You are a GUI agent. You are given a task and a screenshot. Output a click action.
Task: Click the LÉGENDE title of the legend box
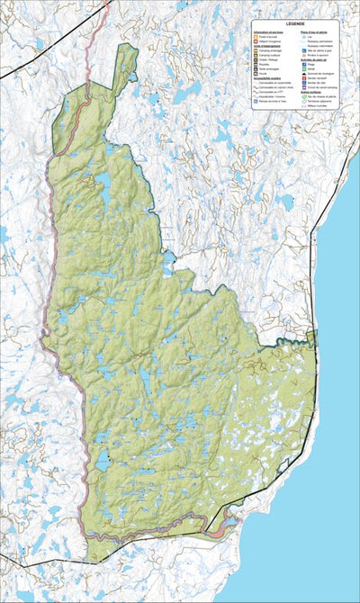(295, 23)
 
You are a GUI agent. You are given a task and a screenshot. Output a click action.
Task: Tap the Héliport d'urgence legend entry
(264, 41)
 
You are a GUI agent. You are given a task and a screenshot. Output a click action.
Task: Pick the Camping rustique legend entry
(265, 55)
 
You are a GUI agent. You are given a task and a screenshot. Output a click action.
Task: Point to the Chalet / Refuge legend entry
(265, 59)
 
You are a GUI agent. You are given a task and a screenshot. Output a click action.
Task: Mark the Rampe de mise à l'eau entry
(267, 102)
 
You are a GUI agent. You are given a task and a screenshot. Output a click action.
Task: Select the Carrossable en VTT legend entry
(266, 92)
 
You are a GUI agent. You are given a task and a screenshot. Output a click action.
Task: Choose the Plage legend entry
(310, 64)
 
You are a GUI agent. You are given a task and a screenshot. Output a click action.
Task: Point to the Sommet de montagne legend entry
(318, 74)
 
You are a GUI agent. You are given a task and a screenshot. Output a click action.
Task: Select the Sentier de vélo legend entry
(316, 83)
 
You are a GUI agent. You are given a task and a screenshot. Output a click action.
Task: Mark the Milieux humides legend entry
(316, 106)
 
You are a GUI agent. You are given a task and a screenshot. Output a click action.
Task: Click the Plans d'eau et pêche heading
(312, 32)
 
